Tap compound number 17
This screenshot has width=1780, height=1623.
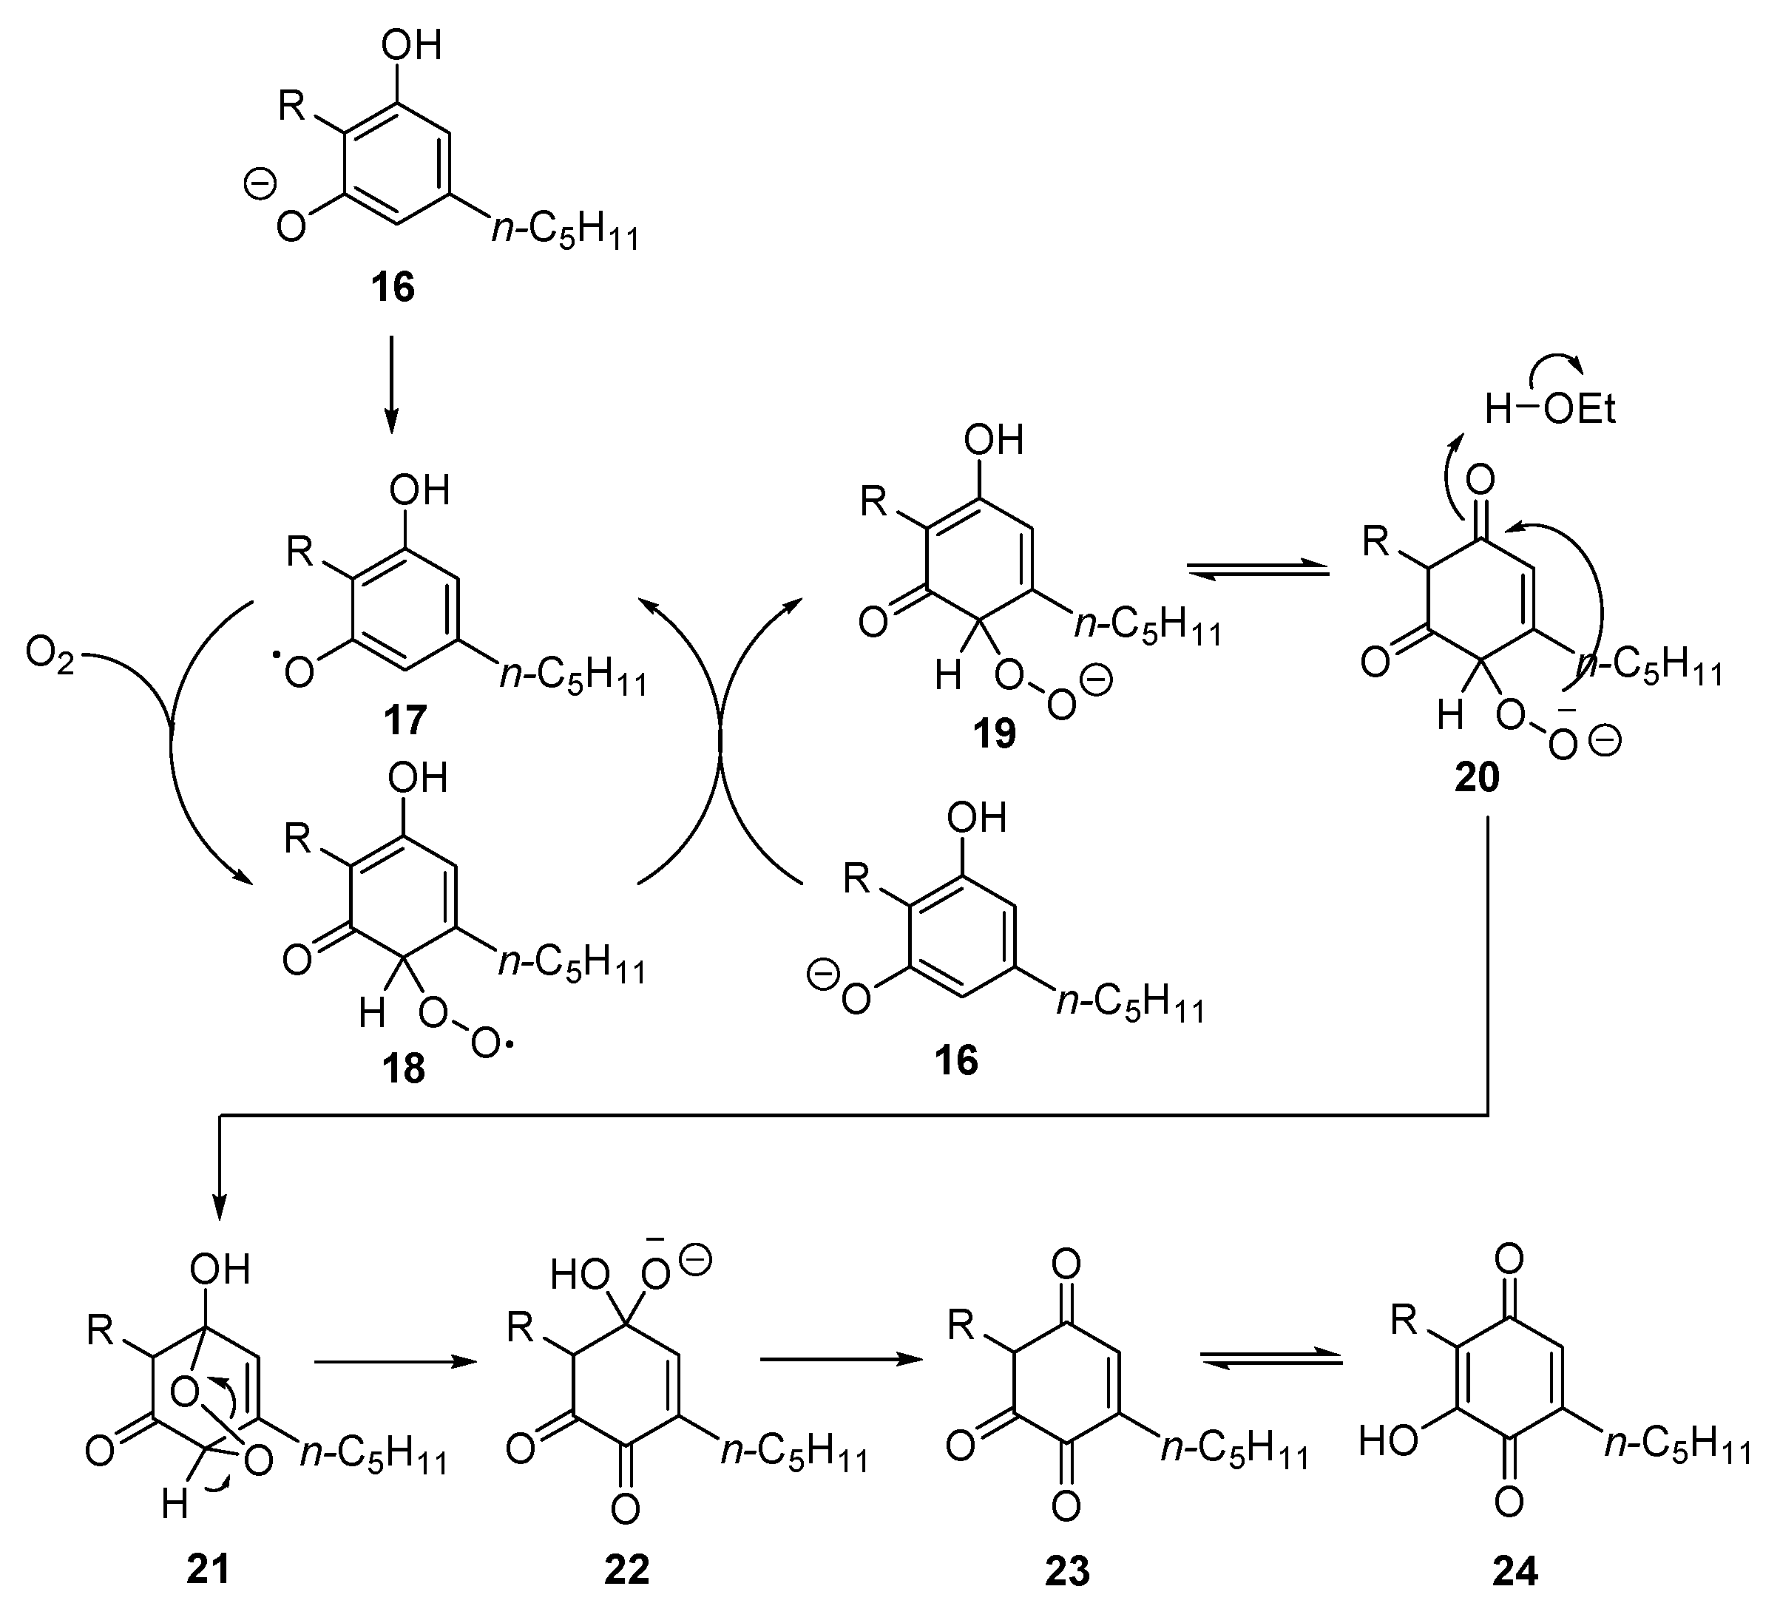[405, 720]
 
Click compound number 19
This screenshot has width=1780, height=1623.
[994, 733]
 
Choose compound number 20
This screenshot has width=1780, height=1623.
[1477, 778]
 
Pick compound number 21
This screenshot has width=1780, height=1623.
[209, 1569]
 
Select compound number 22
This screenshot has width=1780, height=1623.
[627, 1569]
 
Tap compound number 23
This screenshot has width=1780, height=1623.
[1066, 1569]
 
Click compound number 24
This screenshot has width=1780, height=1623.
[1515, 1569]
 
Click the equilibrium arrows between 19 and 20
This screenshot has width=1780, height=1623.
[1258, 570]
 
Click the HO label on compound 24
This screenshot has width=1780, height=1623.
[1388, 1442]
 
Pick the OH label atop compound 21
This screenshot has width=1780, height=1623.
[220, 1269]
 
